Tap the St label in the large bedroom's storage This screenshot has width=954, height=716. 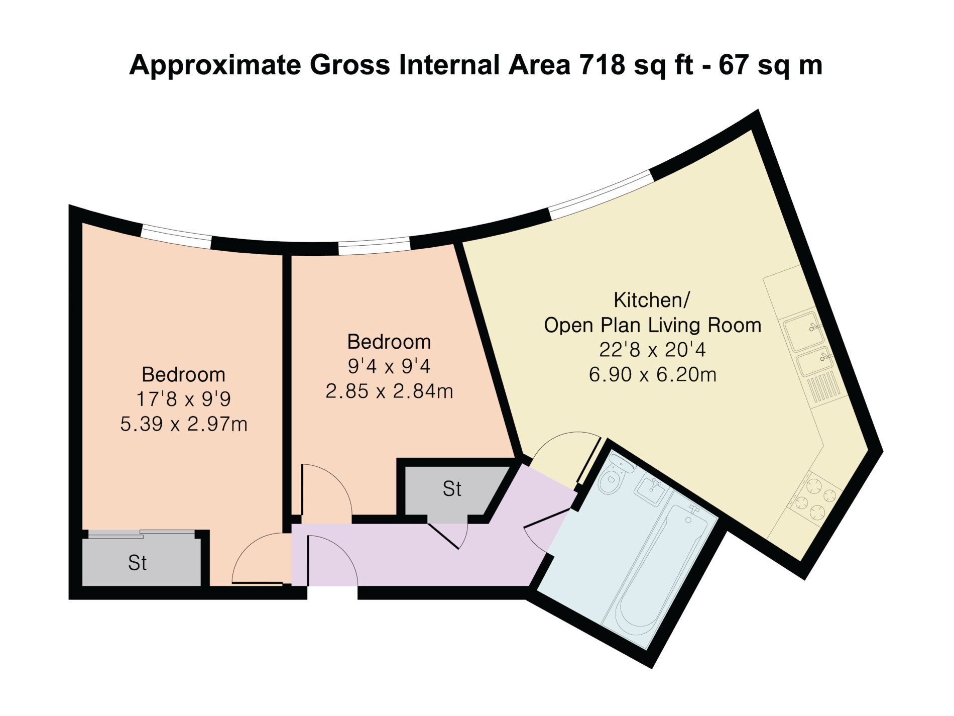pos(137,563)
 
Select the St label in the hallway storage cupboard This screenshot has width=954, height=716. pos(452,489)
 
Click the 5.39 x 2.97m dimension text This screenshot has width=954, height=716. pos(184,424)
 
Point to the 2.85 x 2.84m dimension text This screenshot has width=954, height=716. pos(389,391)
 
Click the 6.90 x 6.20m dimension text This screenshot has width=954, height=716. pos(652,374)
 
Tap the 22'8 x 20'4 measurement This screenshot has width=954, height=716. pos(652,350)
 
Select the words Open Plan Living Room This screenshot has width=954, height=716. pos(653,325)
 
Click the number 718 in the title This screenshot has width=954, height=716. pos(602,65)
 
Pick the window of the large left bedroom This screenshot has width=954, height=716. pos(176,236)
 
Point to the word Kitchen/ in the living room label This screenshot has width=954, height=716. pos(652,300)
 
